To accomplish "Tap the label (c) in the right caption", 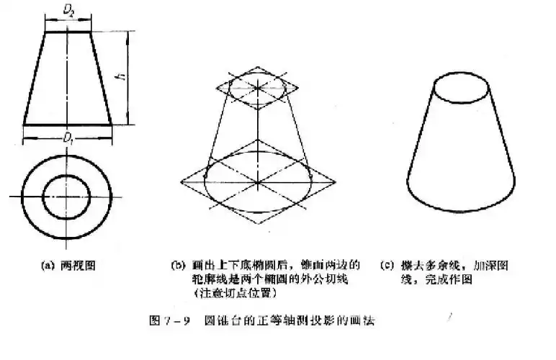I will (387, 266).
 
